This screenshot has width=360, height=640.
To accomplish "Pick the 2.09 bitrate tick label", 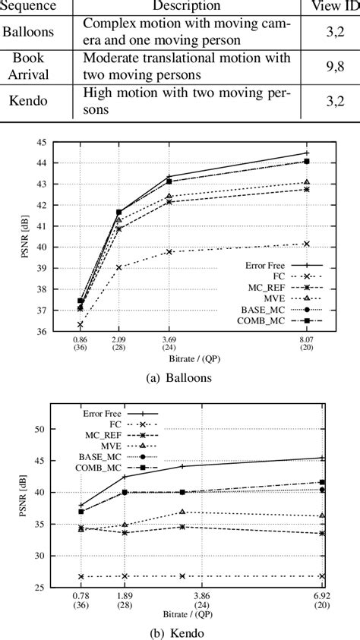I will point(118,345).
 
